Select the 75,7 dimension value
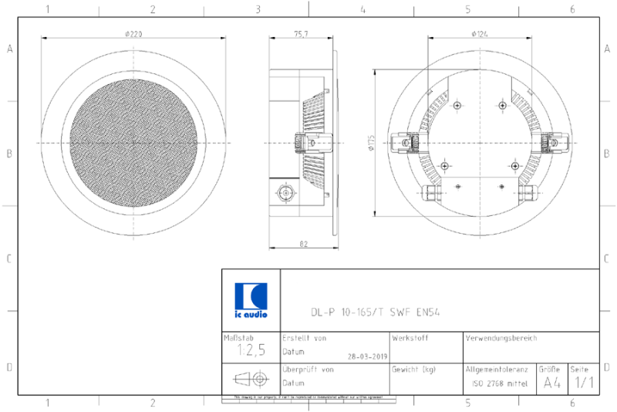[301, 33]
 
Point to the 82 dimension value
[303, 243]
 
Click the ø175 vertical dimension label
[371, 143]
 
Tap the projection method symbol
[250, 379]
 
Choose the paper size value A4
[552, 382]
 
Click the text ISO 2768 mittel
[500, 383]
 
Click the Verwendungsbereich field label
[501, 338]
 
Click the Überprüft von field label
[308, 370]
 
